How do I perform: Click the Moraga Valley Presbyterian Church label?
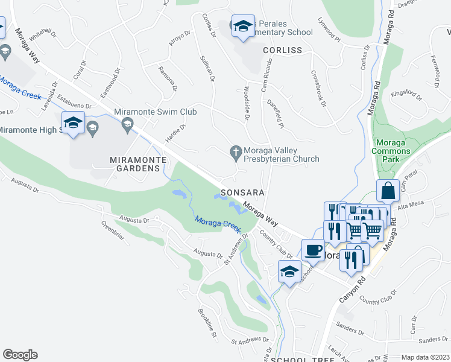tap(282, 154)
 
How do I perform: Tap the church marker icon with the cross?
tap(236, 154)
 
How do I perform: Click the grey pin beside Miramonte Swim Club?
tap(127, 125)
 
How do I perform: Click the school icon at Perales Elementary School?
tap(243, 26)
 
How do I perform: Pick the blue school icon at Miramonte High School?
tap(73, 123)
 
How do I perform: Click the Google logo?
tap(20, 354)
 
